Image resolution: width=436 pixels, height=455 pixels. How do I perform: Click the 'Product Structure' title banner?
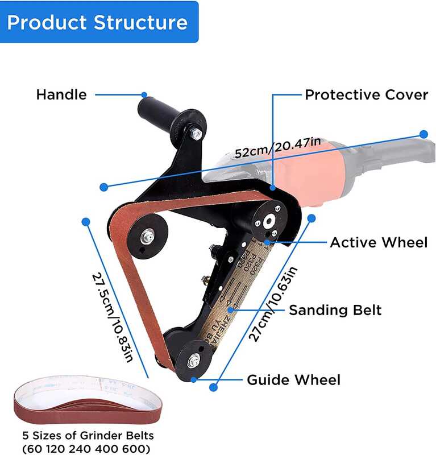coord(98,23)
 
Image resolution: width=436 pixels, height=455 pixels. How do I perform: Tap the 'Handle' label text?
coord(61,94)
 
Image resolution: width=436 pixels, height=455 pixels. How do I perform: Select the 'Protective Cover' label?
coord(366,94)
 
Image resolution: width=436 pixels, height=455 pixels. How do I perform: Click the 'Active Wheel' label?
coord(379,243)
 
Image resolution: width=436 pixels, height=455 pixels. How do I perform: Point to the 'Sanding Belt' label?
coord(335,310)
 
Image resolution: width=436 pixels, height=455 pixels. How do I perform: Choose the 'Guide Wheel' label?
coord(293,380)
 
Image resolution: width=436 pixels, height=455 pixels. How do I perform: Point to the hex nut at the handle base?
coord(196,134)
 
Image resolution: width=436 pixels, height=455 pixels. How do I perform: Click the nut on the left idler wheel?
coord(148,234)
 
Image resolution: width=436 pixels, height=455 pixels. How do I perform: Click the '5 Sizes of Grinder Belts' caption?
coord(88,436)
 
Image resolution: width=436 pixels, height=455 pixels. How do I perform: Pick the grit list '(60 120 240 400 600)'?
coord(87,449)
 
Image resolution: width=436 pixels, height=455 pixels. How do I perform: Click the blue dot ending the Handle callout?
coord(144,94)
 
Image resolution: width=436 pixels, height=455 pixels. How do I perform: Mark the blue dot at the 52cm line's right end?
coord(423,134)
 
